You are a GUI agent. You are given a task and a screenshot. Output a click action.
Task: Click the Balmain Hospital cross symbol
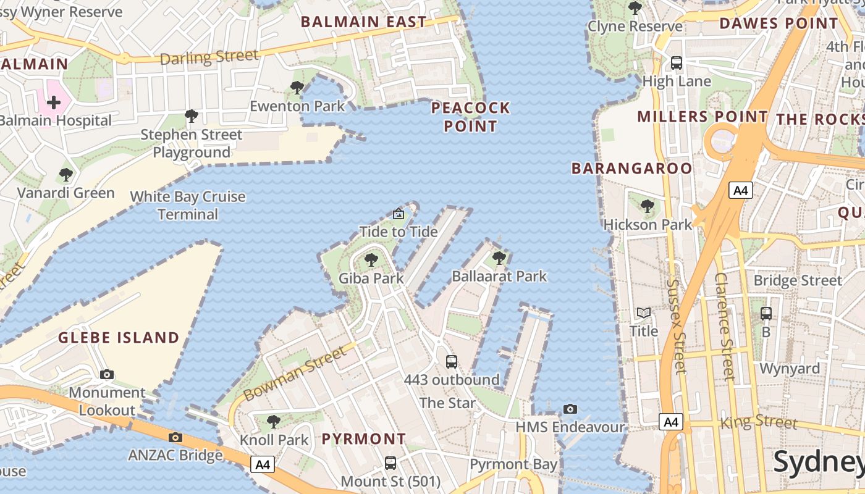coord(54,103)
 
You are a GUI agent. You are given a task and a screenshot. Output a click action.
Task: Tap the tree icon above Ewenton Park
coord(297,88)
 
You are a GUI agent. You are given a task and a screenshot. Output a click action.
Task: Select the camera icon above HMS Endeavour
coord(570,409)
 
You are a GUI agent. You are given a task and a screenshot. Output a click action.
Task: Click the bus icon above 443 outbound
coord(452,362)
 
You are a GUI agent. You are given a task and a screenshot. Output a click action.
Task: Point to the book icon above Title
coord(644,313)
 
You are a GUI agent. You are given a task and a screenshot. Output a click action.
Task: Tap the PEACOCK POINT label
coord(470,117)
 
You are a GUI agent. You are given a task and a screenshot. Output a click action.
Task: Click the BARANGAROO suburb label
coord(631,169)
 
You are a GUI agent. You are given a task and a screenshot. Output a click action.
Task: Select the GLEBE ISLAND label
coord(119,338)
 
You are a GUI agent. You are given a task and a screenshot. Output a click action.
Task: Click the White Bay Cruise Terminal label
coord(188,206)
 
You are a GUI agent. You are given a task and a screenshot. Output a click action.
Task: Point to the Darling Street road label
coord(209,57)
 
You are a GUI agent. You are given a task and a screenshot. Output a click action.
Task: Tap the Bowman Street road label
coord(295,373)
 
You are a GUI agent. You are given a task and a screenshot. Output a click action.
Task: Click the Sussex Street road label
coord(677,326)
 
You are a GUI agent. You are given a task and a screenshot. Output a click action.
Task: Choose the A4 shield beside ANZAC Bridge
coord(263,464)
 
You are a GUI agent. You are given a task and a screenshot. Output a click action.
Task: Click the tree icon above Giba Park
coord(371,260)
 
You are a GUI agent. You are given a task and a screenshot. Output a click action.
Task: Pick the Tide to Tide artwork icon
coord(399,214)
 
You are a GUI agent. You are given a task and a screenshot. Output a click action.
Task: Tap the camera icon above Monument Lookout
coord(107,374)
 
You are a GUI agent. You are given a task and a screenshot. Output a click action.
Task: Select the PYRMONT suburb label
coord(364,439)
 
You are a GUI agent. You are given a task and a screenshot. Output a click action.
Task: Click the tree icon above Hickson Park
coord(647,206)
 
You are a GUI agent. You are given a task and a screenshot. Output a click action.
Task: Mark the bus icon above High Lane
coord(677,63)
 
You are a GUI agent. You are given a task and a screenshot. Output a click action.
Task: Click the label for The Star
coord(447,403)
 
